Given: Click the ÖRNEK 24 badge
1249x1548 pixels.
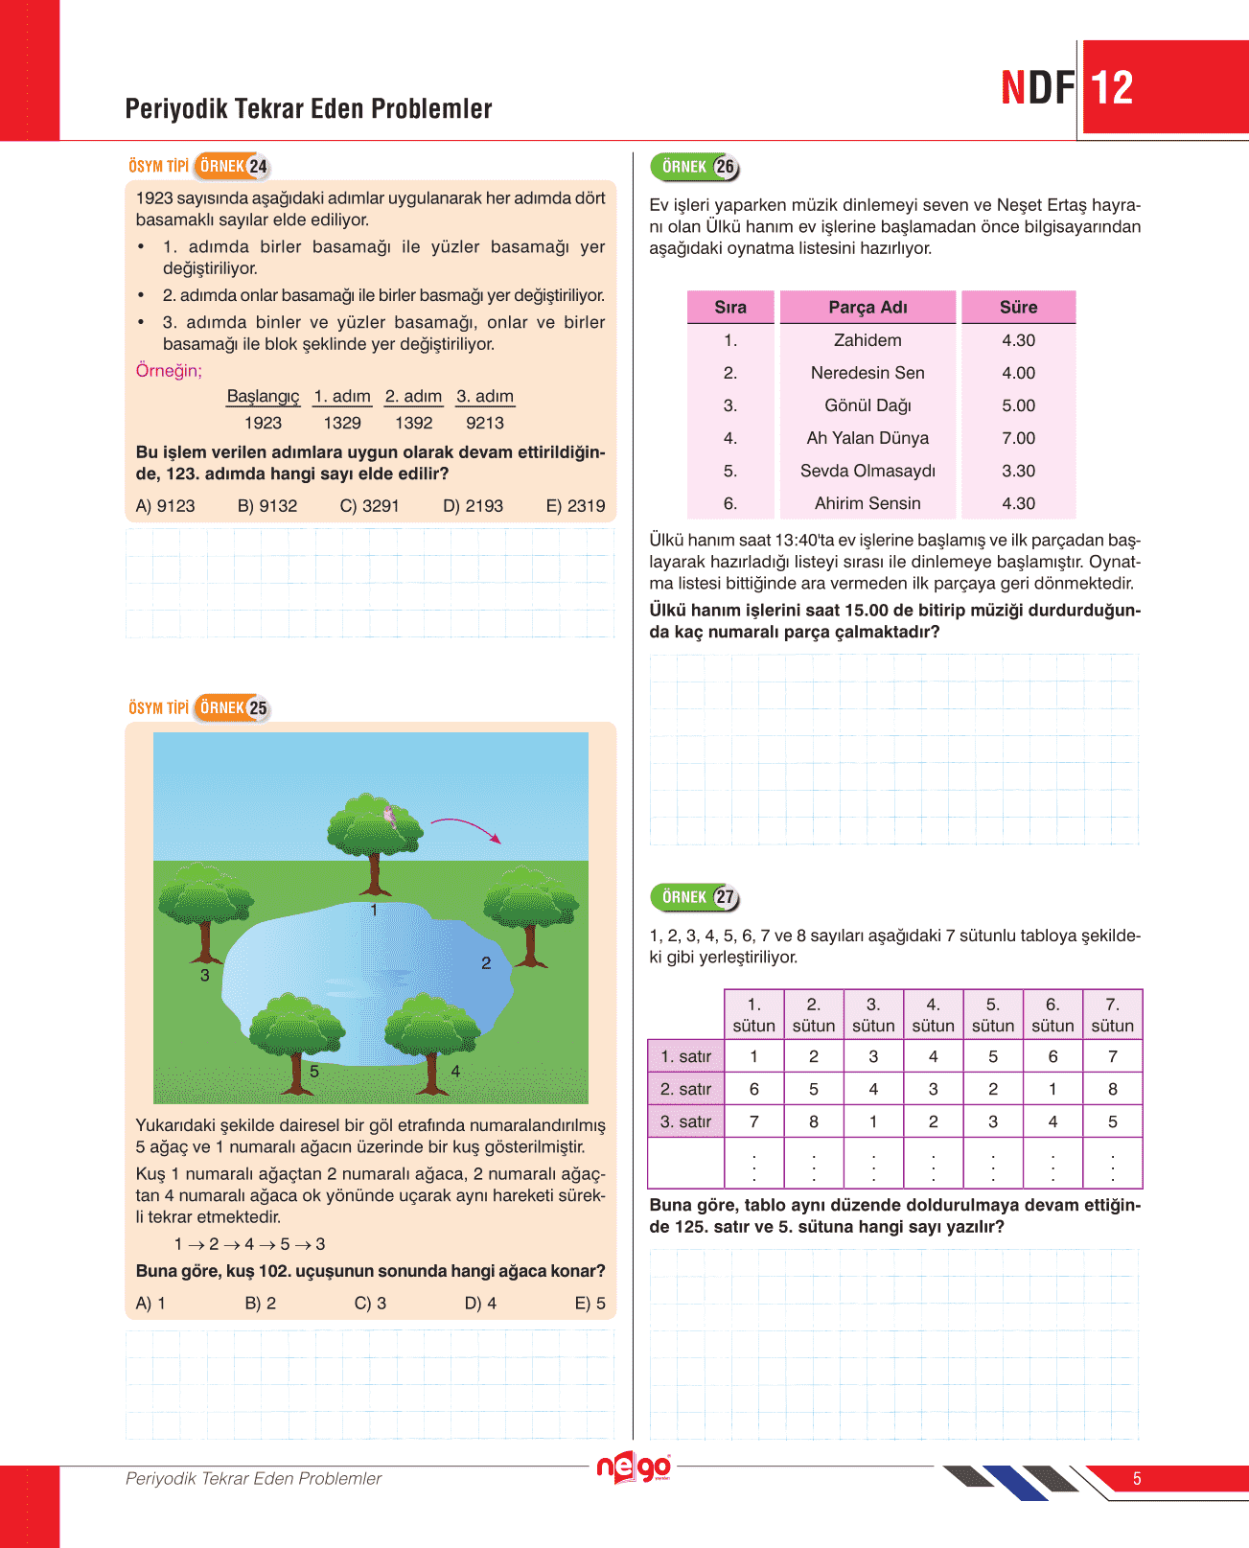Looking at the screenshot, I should (233, 166).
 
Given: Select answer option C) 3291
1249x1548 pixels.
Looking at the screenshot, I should (369, 506).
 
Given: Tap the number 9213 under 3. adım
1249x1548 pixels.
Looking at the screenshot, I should (485, 423).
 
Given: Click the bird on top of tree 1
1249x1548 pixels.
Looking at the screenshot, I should (389, 816).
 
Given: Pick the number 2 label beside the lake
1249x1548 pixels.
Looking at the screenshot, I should (486, 963).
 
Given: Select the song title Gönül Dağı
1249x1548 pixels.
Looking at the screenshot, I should (867, 405).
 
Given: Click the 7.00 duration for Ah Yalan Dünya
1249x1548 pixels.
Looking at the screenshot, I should (1018, 438).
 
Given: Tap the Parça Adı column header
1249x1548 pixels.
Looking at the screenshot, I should (867, 307).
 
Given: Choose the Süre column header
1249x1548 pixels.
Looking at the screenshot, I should (1018, 307).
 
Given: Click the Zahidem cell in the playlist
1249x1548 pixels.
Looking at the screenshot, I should (867, 340).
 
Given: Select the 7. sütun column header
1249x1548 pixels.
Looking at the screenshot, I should (1112, 1015).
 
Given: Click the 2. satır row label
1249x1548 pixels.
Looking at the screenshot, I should (685, 1089).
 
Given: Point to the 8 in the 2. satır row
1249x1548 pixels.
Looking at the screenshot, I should (1112, 1089).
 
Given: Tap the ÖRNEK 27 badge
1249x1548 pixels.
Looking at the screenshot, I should (695, 897).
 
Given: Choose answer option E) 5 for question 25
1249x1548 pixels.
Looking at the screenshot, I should (590, 1304).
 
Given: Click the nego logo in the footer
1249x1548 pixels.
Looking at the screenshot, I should (633, 1467).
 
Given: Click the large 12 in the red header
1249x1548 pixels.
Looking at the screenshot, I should (1112, 88).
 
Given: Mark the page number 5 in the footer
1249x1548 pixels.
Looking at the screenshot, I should (1137, 1479).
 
